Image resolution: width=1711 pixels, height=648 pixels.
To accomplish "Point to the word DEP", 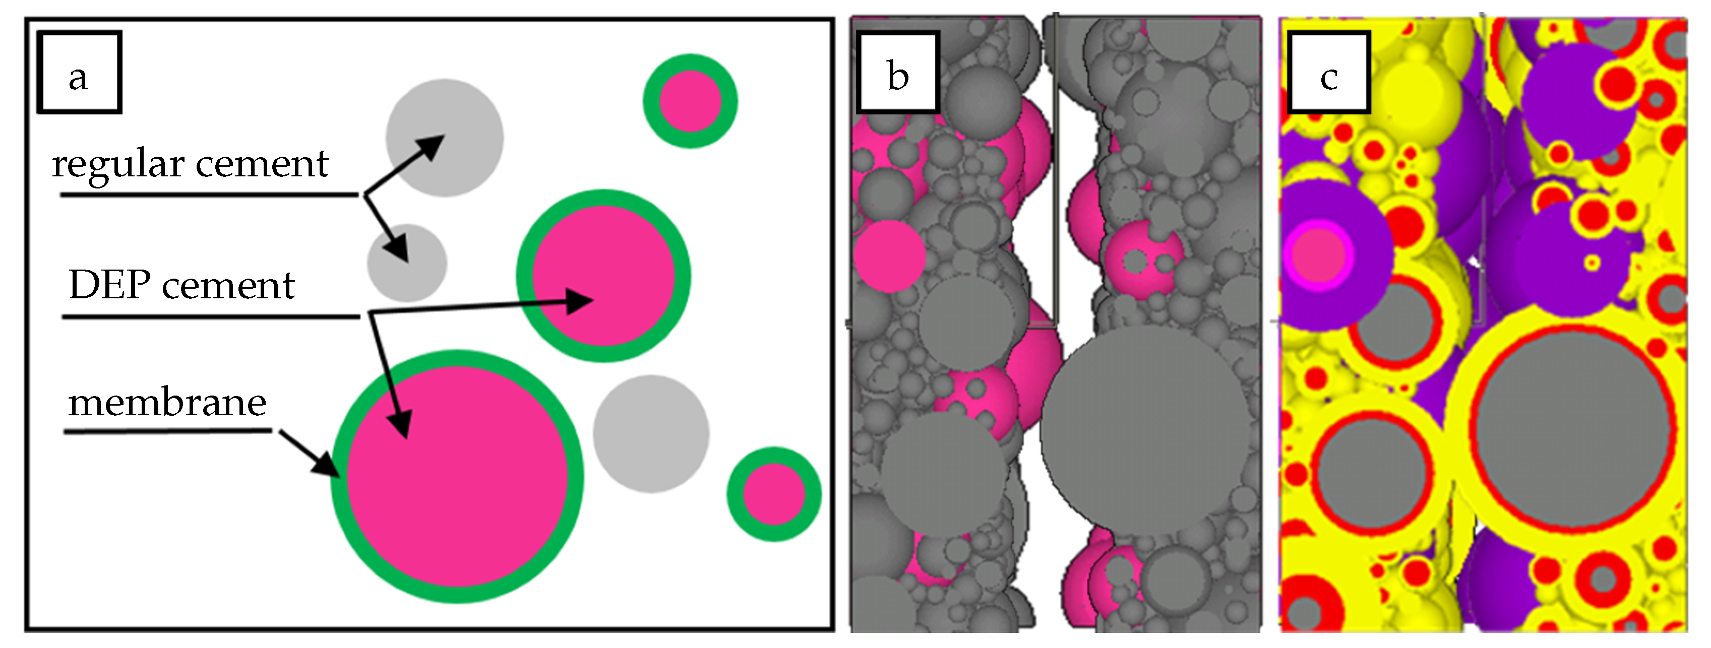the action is [x=109, y=286].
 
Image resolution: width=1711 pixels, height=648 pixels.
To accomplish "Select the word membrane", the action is [x=167, y=403].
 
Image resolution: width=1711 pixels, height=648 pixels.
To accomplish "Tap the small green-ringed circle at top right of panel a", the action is [x=690, y=101].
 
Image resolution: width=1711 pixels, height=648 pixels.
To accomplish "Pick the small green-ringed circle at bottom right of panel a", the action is [x=774, y=494].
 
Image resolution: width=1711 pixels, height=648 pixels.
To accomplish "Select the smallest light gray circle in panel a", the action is [x=407, y=263].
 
